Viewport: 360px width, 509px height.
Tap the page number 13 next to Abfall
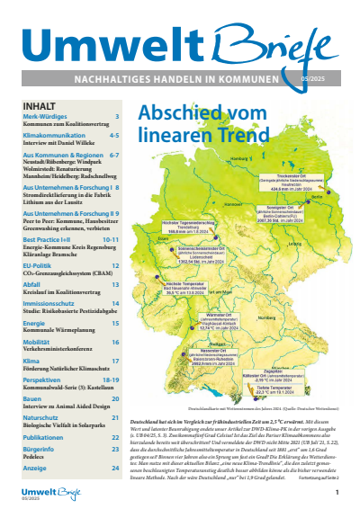tap(115, 284)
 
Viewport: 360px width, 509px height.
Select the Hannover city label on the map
tap(227, 205)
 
